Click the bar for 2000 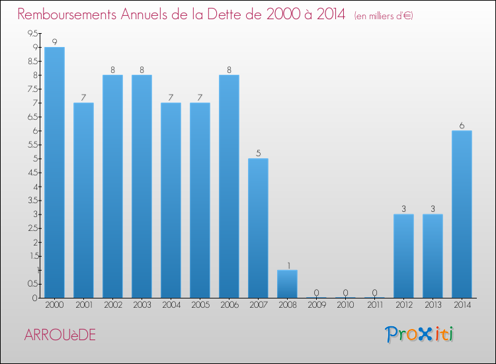54,172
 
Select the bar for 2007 258,228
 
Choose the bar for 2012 403,255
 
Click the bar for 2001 83,200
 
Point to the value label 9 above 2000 54,42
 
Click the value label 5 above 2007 258,153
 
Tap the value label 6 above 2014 462,125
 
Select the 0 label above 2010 345,293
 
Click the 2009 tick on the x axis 316,305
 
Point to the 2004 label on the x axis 171,305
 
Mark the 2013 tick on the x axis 433,305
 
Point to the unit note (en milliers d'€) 384,16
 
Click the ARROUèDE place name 60,335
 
